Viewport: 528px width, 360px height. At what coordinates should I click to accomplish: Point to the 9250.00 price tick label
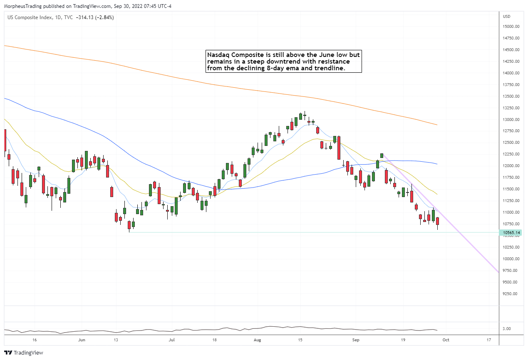[511, 293]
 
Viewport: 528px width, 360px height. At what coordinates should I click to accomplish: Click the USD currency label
[507, 17]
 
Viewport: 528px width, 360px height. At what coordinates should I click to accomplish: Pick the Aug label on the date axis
[258, 340]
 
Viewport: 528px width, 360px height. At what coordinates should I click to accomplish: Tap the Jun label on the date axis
[82, 340]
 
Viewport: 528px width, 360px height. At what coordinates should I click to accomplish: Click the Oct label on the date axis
[446, 340]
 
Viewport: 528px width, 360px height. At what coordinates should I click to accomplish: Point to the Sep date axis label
[356, 340]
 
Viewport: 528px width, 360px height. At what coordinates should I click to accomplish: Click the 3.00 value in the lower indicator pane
[506, 329]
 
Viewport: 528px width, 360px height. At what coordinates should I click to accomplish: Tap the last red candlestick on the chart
[437, 221]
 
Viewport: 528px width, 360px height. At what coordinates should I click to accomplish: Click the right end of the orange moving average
[437, 125]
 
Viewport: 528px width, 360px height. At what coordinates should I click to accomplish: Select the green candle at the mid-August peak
[300, 116]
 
